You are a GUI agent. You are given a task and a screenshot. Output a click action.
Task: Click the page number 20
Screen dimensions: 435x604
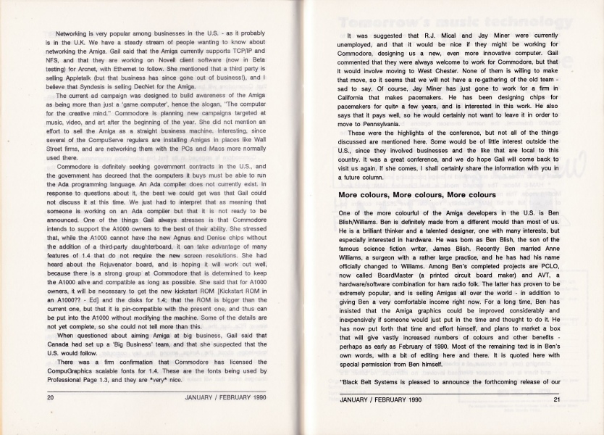[x=51, y=397]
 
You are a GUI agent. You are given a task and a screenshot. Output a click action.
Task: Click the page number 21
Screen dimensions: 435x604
[x=556, y=398]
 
